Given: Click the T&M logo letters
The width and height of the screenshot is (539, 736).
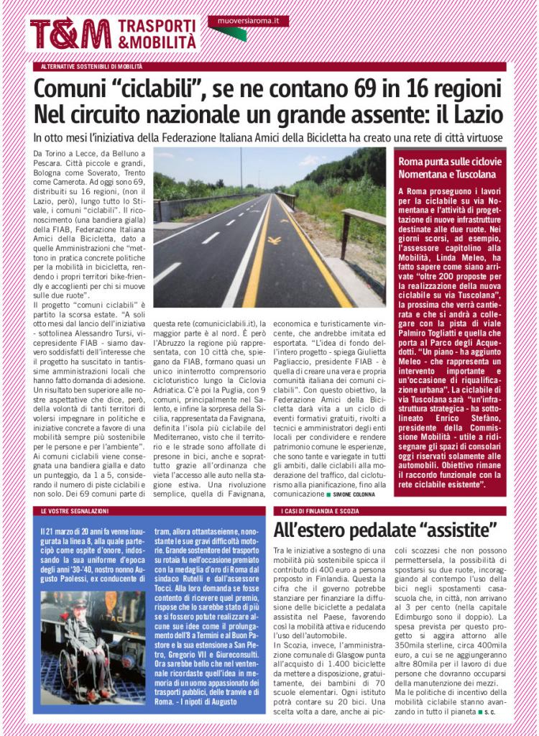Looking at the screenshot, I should (70, 34).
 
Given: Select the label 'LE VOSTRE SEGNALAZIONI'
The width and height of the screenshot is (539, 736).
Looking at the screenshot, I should (75, 510).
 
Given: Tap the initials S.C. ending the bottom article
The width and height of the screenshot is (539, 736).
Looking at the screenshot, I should (489, 712).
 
